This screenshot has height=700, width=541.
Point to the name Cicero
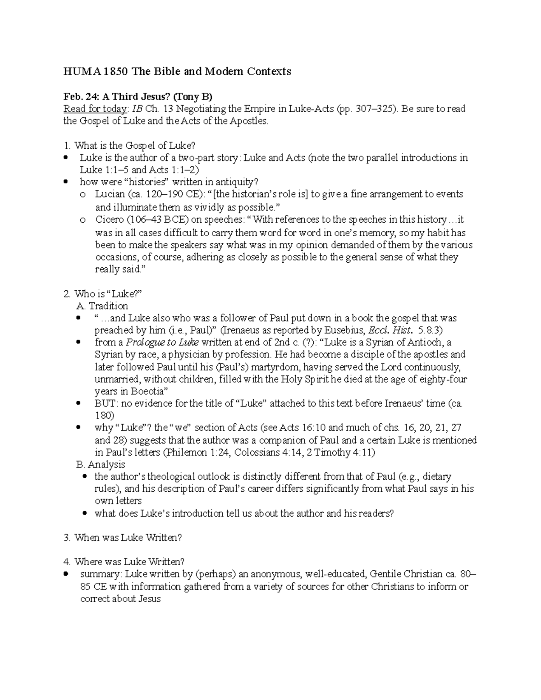coord(109,220)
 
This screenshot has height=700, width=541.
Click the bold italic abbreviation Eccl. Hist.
coord(390,330)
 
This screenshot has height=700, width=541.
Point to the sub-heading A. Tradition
coord(103,306)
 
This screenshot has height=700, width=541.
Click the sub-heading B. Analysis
coord(101,464)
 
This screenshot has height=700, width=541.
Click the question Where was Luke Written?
coord(129,562)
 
